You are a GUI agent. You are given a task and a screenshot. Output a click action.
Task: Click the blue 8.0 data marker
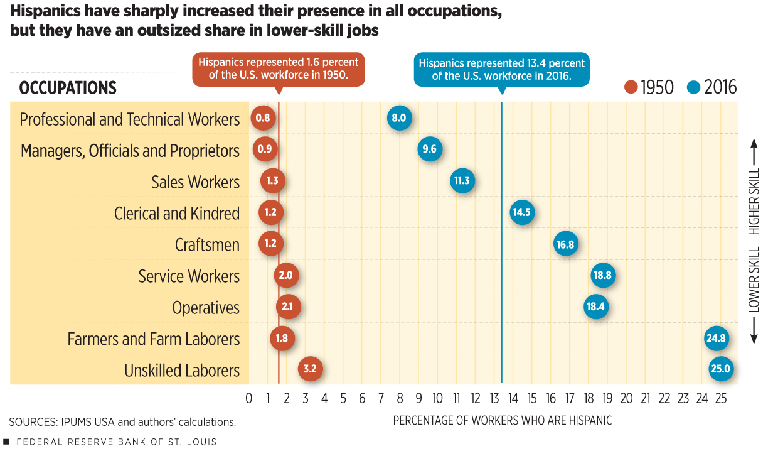[400, 118]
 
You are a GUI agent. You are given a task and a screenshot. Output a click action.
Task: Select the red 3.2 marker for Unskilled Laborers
[310, 369]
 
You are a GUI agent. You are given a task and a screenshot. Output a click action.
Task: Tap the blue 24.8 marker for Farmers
[716, 338]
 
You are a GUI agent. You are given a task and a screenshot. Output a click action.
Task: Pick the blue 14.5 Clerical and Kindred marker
[522, 212]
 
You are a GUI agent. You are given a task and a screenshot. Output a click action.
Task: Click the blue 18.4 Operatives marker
[595, 307]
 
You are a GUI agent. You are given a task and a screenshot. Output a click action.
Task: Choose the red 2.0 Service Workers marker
[287, 275]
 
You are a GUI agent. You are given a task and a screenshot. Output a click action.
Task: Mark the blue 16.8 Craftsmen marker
[565, 244]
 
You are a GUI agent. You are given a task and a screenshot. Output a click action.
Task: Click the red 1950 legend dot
[631, 87]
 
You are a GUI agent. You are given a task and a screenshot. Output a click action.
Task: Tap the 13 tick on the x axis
[494, 398]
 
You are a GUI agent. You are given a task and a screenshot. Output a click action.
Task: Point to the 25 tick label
[721, 398]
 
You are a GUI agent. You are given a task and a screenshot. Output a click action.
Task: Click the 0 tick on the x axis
[249, 398]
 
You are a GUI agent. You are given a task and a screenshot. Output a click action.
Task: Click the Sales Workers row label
[195, 182]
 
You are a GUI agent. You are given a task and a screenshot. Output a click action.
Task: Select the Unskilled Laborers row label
[182, 371]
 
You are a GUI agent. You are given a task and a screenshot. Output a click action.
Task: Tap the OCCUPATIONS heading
[68, 88]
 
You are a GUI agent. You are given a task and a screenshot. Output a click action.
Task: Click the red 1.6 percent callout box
[279, 69]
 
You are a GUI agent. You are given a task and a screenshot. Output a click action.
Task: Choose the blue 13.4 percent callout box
[501, 69]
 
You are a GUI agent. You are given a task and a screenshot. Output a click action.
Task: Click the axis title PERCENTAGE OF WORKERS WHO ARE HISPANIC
[502, 420]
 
